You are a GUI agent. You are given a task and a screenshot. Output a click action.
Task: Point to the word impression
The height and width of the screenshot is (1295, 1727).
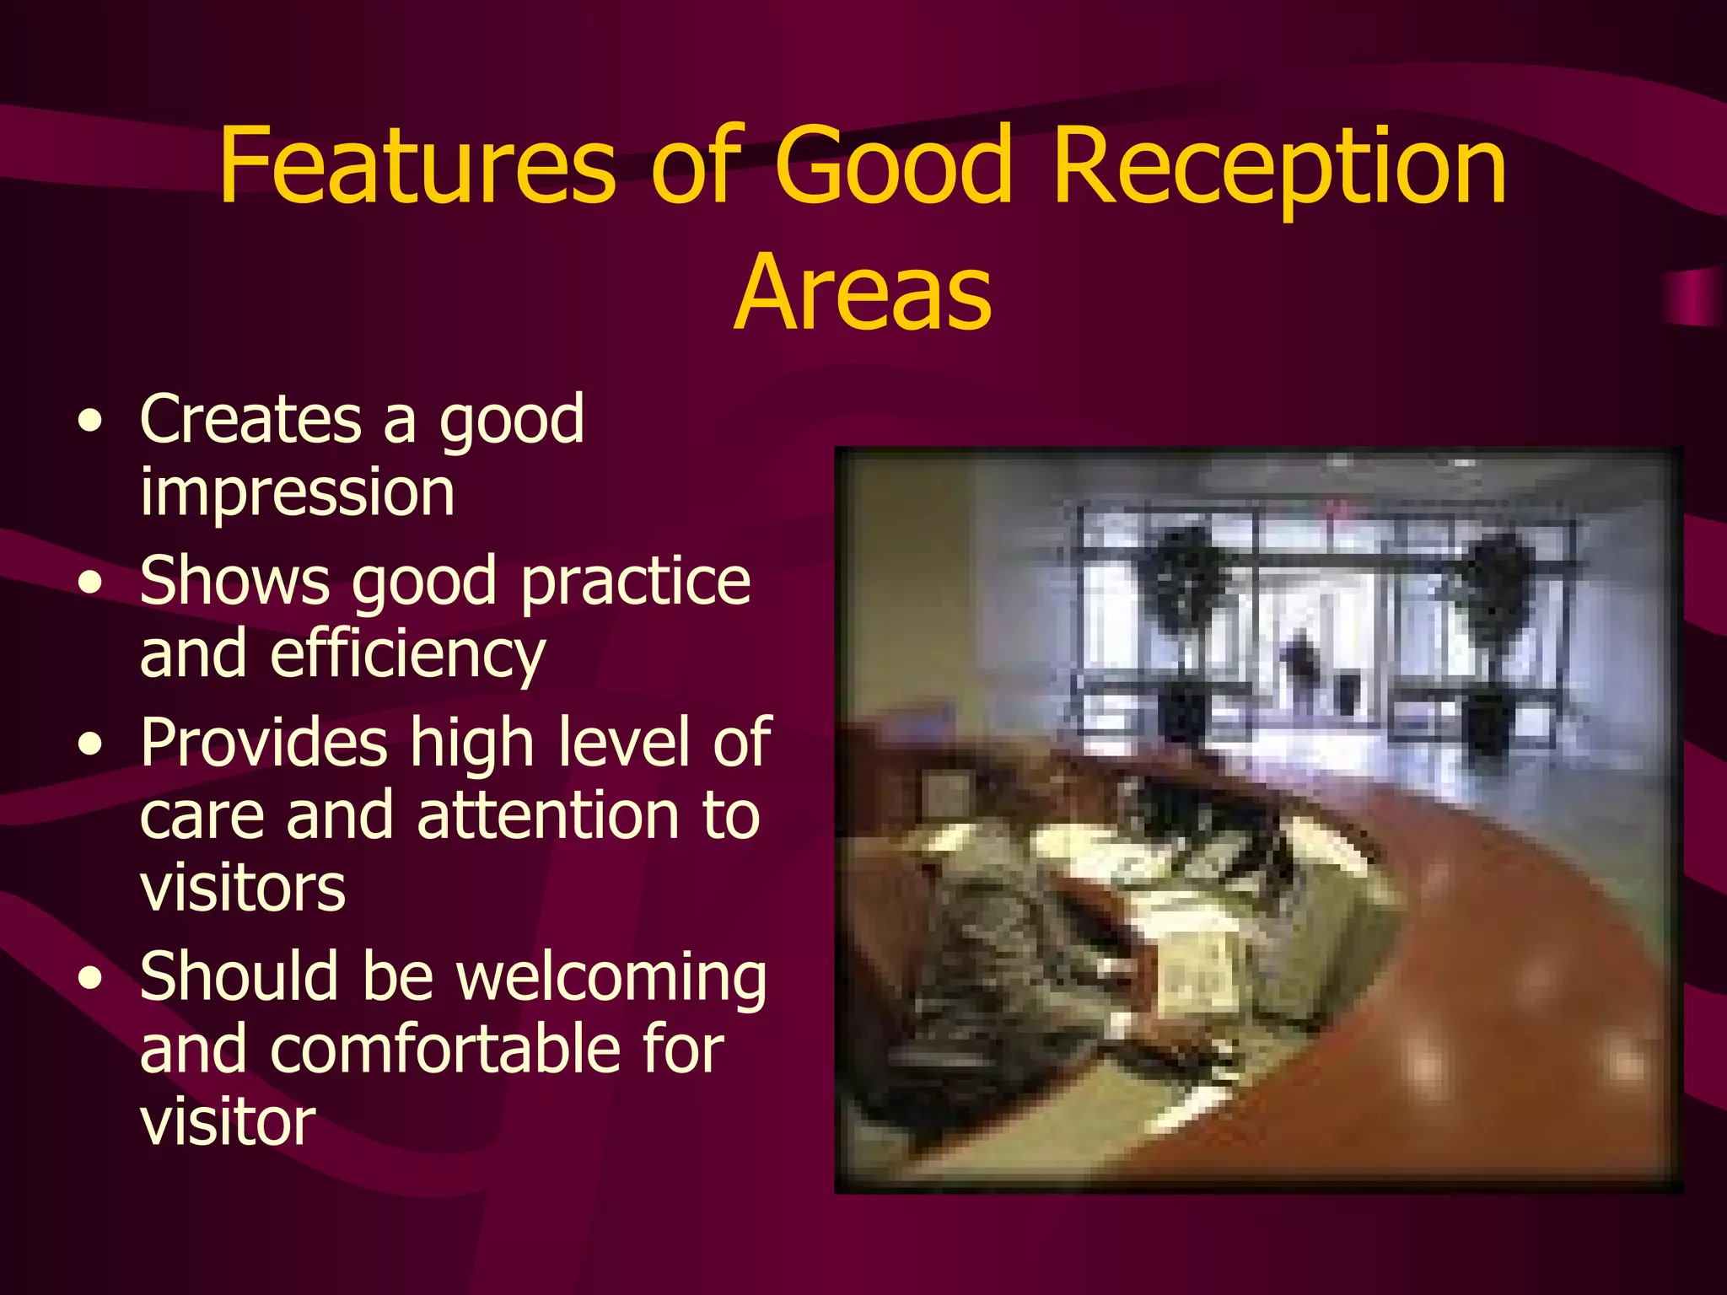click(297, 493)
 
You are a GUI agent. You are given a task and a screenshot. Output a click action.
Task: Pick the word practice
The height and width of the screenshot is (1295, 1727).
click(635, 583)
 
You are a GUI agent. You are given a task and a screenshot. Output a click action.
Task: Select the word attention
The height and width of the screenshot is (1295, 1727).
click(548, 816)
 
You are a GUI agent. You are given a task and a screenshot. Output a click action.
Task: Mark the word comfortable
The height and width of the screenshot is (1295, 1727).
click(449, 1051)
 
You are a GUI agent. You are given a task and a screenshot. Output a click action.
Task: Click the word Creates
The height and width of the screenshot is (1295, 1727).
click(250, 419)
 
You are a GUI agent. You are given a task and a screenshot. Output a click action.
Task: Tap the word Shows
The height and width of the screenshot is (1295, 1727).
click(234, 582)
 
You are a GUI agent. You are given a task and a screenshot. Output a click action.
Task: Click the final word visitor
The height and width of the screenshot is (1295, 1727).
click(228, 1123)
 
